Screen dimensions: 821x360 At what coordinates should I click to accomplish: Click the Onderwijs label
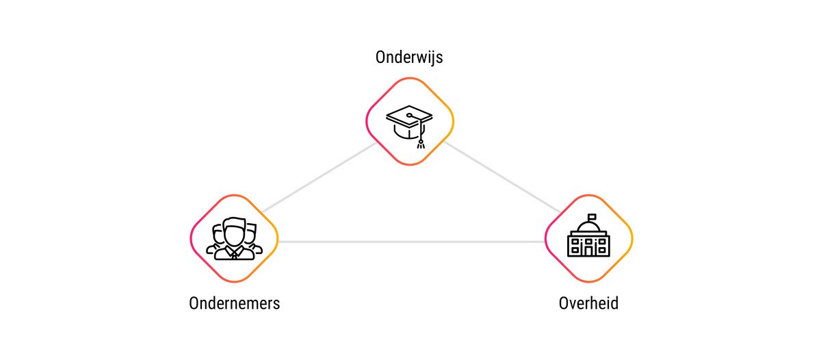pos(409,57)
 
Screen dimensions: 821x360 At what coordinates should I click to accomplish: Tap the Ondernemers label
pos(234,303)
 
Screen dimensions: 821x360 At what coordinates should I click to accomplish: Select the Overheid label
pos(588,303)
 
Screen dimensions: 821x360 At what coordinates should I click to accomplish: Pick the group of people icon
pos(234,239)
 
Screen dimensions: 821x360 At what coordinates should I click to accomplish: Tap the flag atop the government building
pos(592,217)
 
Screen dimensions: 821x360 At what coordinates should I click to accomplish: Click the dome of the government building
pos(588,226)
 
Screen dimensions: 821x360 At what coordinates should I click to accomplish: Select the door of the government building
pos(588,250)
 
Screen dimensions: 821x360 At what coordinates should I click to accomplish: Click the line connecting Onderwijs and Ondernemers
pos(320,177)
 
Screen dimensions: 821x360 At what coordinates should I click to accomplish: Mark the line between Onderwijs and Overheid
pos(501,177)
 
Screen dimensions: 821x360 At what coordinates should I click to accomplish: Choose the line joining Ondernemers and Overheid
pos(411,242)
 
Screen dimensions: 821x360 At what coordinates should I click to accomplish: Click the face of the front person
pos(234,235)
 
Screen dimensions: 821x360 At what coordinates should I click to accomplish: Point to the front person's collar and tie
pos(234,253)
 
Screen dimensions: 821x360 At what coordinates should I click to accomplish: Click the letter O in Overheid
pos(564,304)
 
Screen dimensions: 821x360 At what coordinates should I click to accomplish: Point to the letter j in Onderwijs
pos(430,59)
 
